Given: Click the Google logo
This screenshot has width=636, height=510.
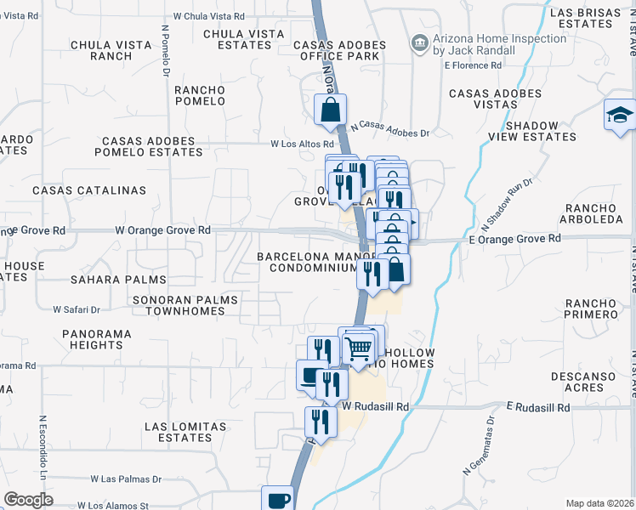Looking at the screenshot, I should (x=28, y=500).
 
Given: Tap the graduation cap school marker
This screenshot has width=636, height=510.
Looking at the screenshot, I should (x=621, y=115).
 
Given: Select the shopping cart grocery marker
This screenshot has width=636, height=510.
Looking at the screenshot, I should (x=359, y=348).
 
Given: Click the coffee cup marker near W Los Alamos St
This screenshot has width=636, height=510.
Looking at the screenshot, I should (x=277, y=499).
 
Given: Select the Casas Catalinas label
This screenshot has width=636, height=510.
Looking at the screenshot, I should (x=89, y=190).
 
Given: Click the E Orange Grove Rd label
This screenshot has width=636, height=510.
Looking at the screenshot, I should (x=514, y=239).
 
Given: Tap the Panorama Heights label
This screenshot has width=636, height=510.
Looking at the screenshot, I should (x=97, y=339).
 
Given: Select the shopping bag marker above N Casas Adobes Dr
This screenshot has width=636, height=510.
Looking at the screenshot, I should (x=330, y=110).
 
